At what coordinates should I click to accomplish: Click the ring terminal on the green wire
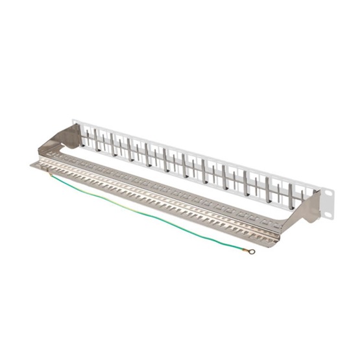point(252,251)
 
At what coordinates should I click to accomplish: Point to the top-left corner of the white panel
point(73,119)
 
